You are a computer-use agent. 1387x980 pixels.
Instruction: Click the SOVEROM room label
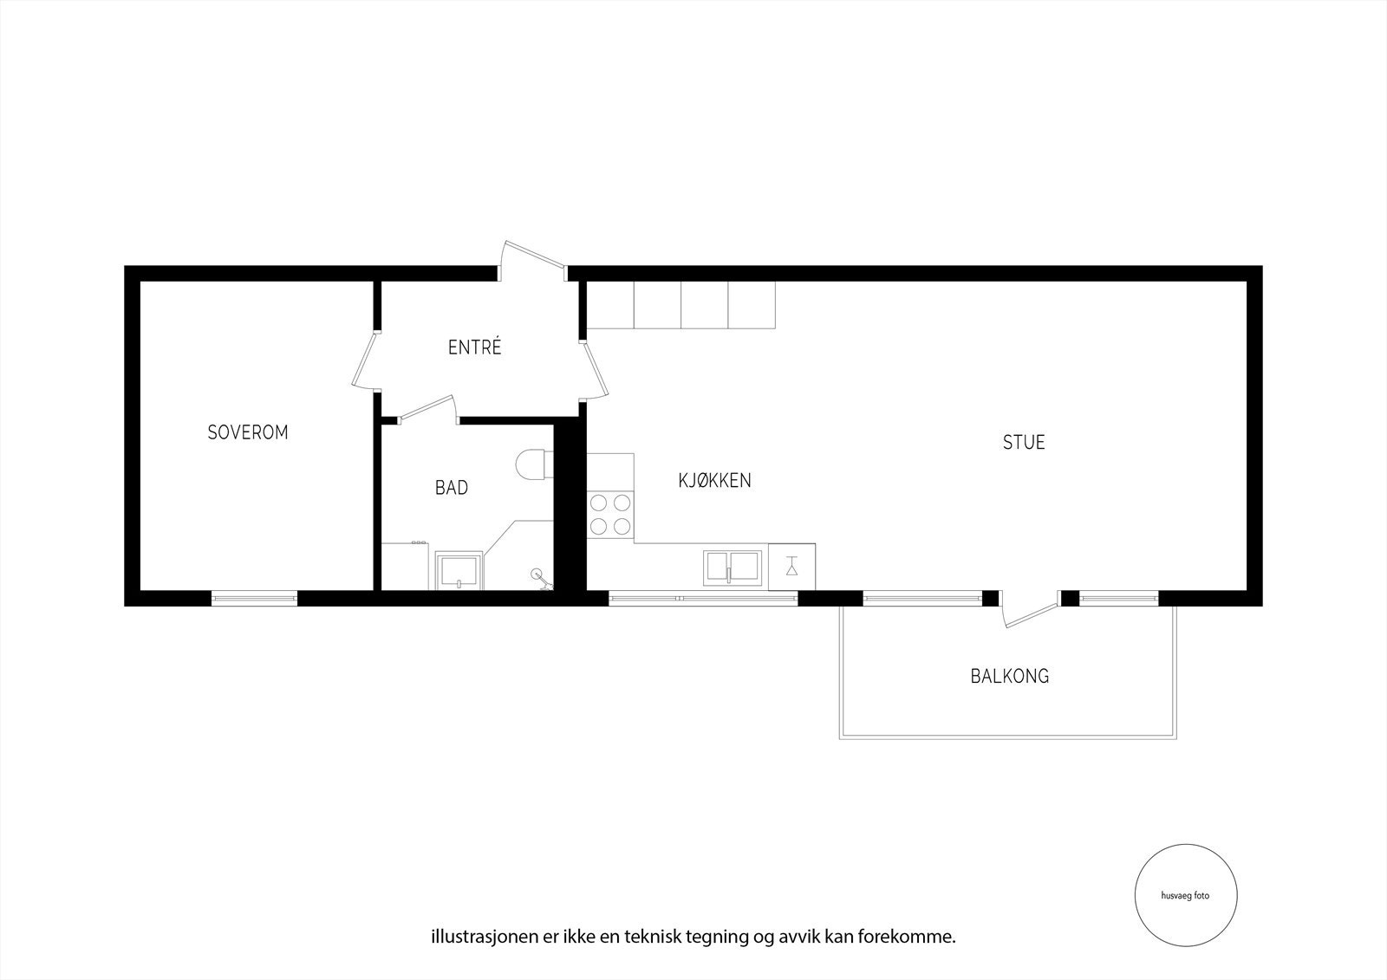click(x=247, y=432)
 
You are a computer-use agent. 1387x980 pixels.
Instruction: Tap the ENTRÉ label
click(x=475, y=348)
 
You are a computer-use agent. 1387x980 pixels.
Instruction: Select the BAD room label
click(x=452, y=488)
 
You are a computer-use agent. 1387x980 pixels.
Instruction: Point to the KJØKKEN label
click(x=714, y=480)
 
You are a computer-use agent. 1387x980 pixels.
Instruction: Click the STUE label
click(x=1024, y=442)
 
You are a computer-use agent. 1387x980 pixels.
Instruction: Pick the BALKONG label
click(x=1009, y=676)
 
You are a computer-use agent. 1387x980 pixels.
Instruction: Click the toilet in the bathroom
click(x=531, y=464)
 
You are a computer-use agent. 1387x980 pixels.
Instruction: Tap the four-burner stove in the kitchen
click(x=610, y=514)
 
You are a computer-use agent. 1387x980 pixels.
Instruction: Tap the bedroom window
click(x=255, y=597)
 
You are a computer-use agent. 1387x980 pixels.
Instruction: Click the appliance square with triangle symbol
click(x=791, y=567)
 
